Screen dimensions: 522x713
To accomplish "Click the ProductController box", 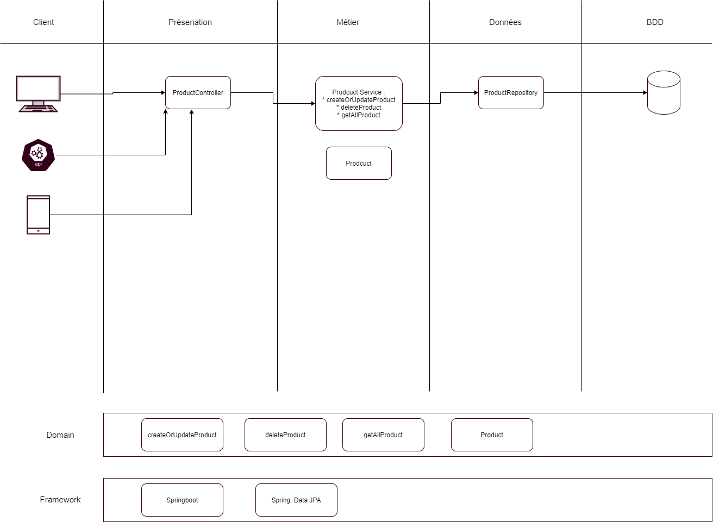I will tap(198, 93).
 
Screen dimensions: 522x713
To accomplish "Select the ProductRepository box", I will tap(511, 93).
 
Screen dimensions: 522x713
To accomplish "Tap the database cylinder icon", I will tap(664, 93).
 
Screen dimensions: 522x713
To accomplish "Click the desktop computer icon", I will tap(38, 93).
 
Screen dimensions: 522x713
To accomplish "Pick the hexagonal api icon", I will tap(38, 155).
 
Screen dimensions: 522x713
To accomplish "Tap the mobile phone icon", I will tap(38, 215).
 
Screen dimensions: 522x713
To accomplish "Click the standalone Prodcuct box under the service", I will tap(359, 163).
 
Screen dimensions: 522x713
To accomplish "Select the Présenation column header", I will tap(190, 22).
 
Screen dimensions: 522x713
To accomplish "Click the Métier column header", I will tap(348, 22).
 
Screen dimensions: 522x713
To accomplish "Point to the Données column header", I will tap(505, 22).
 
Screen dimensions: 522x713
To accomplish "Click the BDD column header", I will tap(655, 22).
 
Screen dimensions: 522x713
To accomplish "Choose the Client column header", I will tap(43, 22).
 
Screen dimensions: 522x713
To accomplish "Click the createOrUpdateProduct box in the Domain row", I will tap(182, 435).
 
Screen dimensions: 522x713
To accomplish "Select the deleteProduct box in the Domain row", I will tap(285, 435).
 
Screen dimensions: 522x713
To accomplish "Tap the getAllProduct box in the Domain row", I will tap(383, 435).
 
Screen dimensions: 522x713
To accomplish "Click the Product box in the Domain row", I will tap(492, 435).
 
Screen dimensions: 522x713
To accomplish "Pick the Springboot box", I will tap(182, 500).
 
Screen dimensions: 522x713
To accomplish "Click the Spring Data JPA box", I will tap(296, 500).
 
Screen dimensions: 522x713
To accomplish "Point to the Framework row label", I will tap(60, 500).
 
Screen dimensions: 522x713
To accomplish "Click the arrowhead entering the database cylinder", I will tap(645, 93).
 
